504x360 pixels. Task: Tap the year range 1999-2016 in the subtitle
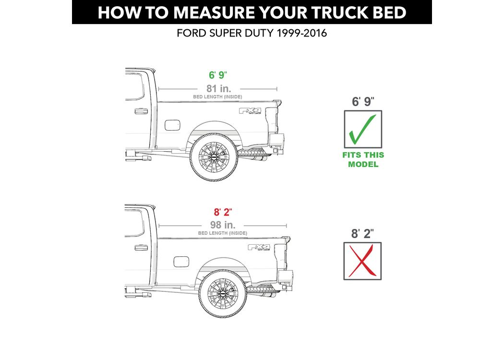coord(302,33)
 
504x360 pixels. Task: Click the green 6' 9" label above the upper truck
coord(218,75)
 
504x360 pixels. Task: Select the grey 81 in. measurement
coord(218,88)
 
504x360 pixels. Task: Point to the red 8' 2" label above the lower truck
coord(223,212)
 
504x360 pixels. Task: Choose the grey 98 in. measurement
coord(223,225)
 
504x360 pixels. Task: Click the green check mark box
coord(363,129)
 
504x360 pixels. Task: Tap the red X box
coord(362,261)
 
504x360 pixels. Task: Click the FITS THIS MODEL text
coord(363,159)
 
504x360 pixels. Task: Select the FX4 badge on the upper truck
coord(250,111)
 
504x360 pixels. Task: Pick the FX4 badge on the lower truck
coord(259,247)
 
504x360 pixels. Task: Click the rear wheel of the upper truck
coord(214,157)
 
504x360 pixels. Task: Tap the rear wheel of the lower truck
coord(223,294)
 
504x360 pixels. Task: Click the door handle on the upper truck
coord(141,111)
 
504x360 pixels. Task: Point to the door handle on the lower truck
coord(141,248)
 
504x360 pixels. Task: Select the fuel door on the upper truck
coord(172,125)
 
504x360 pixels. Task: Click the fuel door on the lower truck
coord(181,262)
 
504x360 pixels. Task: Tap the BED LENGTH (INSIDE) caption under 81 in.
coord(217,97)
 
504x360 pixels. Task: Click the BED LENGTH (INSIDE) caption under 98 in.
coord(223,233)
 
